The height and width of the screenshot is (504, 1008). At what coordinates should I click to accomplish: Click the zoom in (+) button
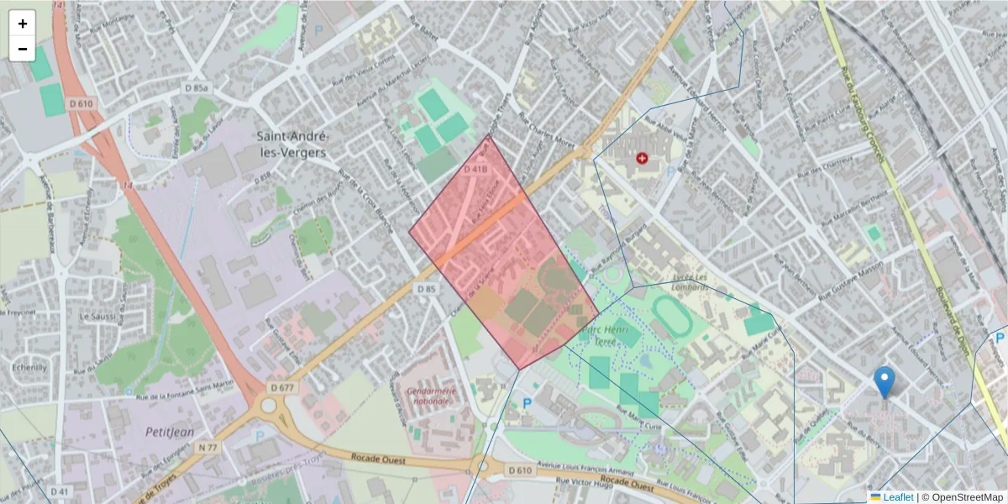(23, 24)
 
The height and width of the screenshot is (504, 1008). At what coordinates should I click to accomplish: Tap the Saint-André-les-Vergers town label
(292, 145)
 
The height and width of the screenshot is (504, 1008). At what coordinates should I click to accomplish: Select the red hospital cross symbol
(643, 158)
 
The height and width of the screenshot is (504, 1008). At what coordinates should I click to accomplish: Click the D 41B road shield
(475, 170)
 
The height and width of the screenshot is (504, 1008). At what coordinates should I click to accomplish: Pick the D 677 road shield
(284, 388)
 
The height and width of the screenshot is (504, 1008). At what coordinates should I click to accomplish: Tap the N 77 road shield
(208, 449)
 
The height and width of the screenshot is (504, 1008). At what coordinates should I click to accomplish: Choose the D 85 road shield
(427, 289)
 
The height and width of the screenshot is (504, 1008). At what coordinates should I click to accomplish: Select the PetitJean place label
(171, 433)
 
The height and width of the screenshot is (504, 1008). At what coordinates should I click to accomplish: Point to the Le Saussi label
(96, 317)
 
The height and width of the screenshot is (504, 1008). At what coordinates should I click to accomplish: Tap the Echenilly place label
(29, 367)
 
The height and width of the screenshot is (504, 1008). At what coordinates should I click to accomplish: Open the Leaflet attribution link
(897, 497)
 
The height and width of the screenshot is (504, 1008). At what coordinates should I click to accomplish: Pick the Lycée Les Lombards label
(690, 281)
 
